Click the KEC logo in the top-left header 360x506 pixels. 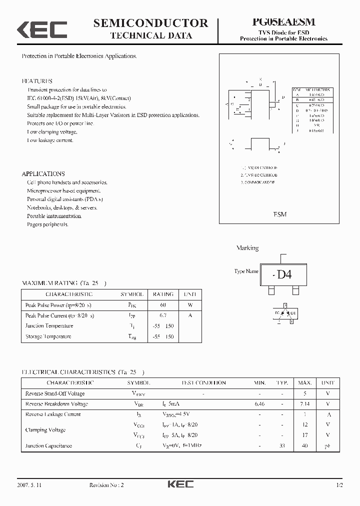point(42,29)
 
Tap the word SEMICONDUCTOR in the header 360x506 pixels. point(150,22)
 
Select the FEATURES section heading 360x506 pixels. point(37,81)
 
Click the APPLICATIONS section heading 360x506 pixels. point(43,173)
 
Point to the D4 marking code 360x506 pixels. point(283,274)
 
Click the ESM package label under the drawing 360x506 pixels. point(280,214)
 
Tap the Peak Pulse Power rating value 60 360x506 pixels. point(163,305)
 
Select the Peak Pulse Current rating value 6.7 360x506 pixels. point(163,315)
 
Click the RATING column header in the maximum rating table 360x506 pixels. point(163,294)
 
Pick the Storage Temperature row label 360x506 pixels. point(48,336)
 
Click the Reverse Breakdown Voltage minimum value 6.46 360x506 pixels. point(259,403)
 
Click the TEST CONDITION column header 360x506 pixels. point(203,382)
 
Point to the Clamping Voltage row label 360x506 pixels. point(45,430)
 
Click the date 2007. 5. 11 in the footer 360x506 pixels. point(29,485)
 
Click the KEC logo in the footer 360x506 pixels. point(180,484)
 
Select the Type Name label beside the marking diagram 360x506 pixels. point(246,271)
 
